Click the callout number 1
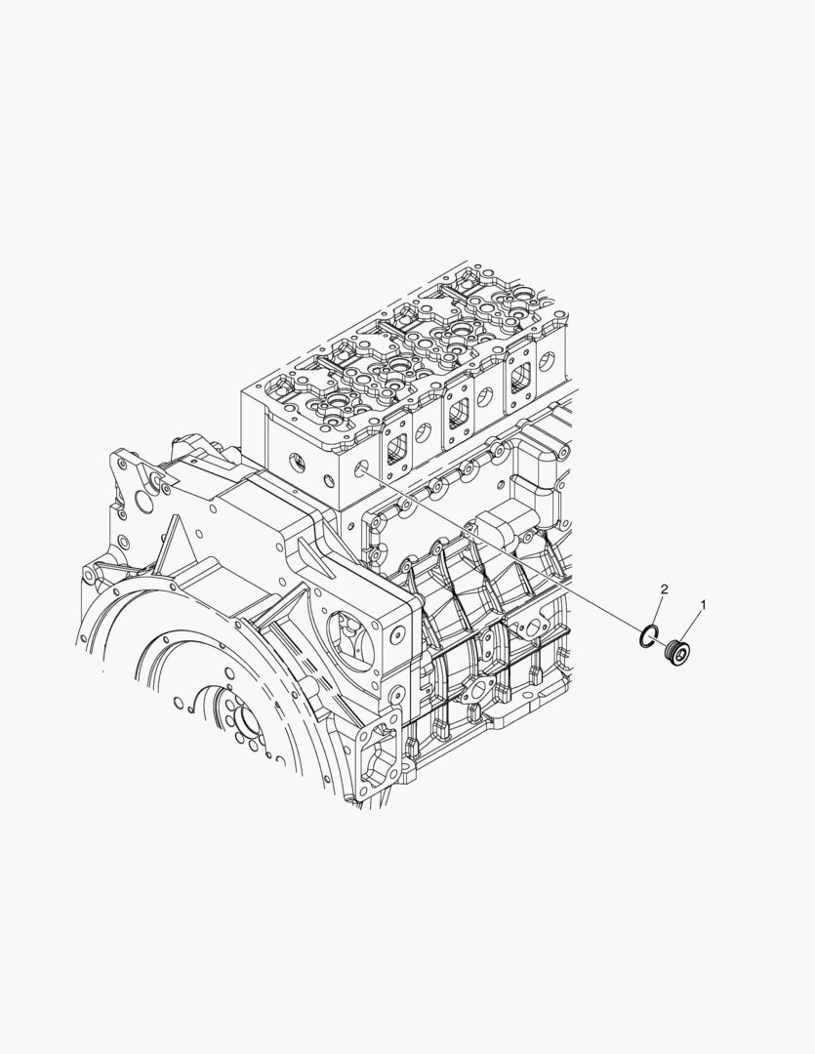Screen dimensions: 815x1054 [x=704, y=605]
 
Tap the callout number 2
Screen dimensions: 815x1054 [x=665, y=589]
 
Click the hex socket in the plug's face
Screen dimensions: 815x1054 [x=682, y=652]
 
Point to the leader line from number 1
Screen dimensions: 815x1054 [x=692, y=628]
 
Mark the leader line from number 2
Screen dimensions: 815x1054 [x=656, y=610]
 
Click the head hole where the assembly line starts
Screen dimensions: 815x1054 [x=361, y=467]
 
